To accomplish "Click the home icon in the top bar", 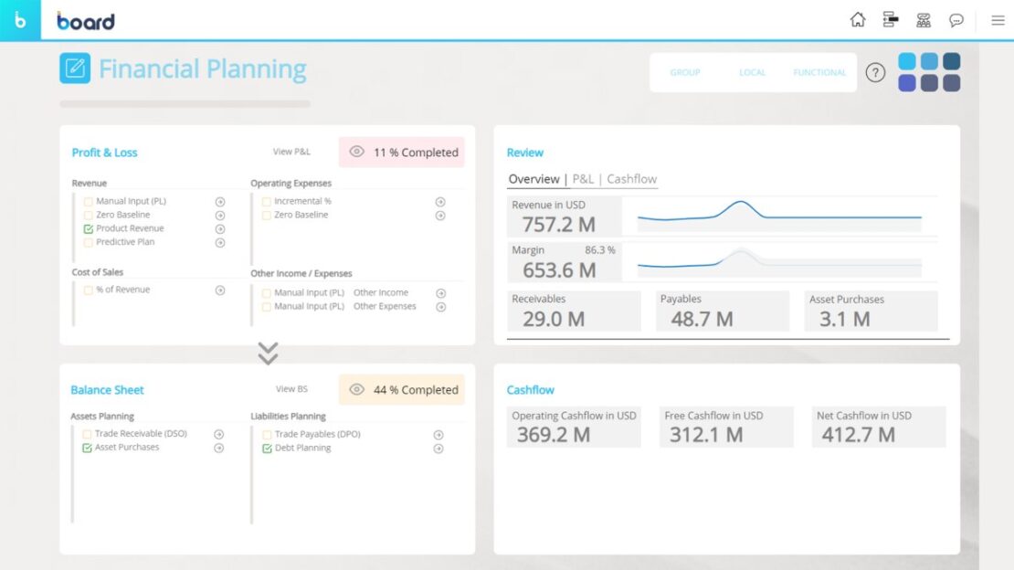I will tap(857, 20).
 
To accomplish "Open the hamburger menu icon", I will tap(998, 20).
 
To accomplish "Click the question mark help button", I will tap(875, 73).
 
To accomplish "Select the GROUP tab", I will tap(685, 73).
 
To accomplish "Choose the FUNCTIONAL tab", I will tap(819, 73).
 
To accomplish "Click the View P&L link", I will tap(291, 153).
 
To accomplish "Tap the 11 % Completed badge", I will tap(402, 153).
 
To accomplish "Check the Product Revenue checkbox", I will tap(89, 229).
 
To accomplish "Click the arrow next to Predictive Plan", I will tap(220, 243).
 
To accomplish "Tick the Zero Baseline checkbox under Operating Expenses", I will tap(267, 216).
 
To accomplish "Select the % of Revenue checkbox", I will tap(89, 290).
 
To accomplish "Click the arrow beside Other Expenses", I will tap(440, 308).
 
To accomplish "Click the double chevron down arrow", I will tap(268, 354).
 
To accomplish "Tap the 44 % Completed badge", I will tap(402, 390).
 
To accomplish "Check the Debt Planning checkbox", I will tap(267, 449).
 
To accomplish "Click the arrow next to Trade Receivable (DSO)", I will tap(219, 435).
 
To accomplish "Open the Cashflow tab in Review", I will tap(631, 180).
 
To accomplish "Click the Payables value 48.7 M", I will tap(702, 319).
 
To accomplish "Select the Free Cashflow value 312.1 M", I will tap(706, 435).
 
